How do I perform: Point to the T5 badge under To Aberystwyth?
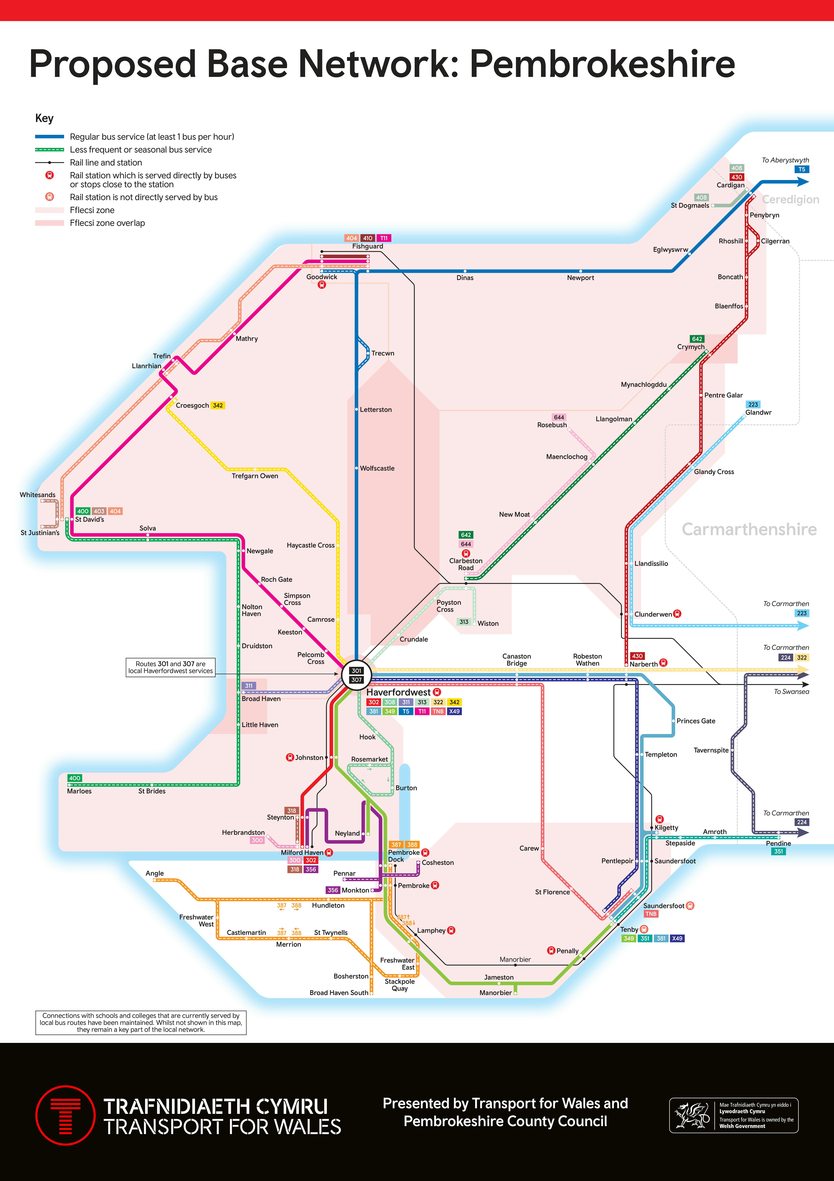point(802,169)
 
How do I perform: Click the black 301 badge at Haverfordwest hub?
point(356,671)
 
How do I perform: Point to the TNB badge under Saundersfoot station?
point(651,914)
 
